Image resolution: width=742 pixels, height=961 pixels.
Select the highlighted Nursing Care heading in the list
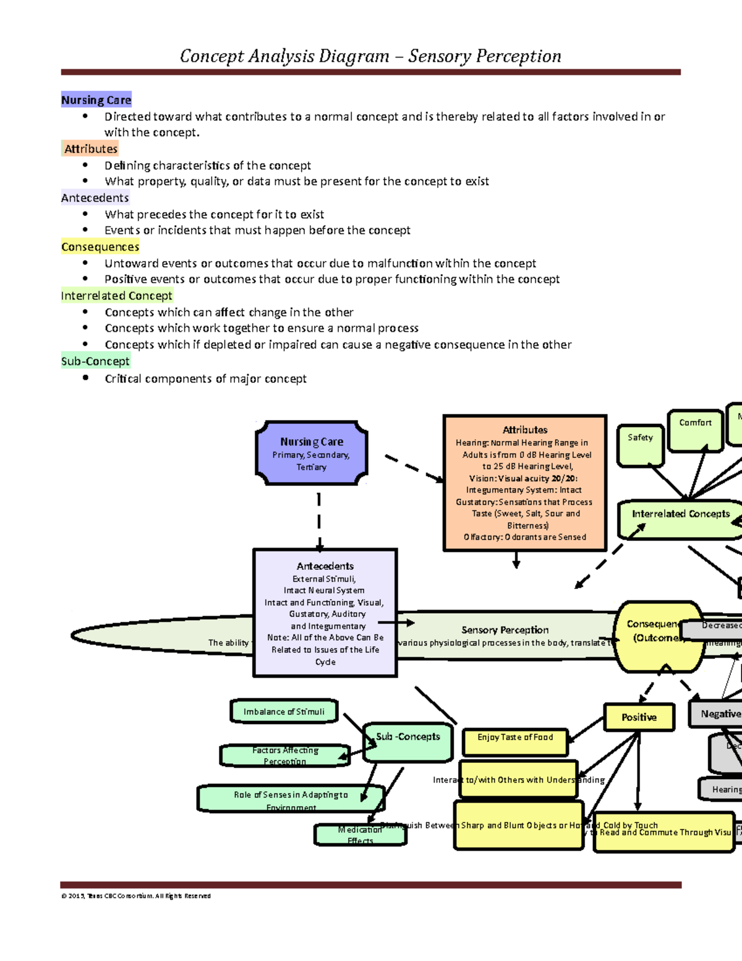pos(96,100)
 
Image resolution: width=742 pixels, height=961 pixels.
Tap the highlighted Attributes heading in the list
pos(90,149)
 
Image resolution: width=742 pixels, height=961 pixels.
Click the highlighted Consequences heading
pos(100,247)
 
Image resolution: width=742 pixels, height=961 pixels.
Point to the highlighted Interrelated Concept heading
pos(116,296)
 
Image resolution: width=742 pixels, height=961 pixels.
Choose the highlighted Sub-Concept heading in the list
pos(95,361)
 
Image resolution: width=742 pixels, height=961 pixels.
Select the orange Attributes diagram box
pos(524,483)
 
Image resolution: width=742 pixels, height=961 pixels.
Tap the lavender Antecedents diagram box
pos(325,613)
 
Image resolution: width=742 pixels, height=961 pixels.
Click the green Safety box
pos(640,445)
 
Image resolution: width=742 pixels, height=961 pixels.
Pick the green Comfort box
pos(695,430)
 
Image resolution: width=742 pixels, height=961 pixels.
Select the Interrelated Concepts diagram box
pos(680,519)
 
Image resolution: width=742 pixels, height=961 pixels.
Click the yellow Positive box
pos(639,717)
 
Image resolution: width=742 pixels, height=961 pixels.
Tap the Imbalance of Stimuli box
pos(284,712)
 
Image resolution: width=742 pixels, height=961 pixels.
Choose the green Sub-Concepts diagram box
pos(408,742)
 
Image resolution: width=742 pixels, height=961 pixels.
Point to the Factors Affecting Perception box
pos(285,756)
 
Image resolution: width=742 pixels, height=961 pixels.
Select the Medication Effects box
pos(360,835)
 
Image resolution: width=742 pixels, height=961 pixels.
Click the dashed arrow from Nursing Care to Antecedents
pos(318,520)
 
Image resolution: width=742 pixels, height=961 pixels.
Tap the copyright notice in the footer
pos(136,895)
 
